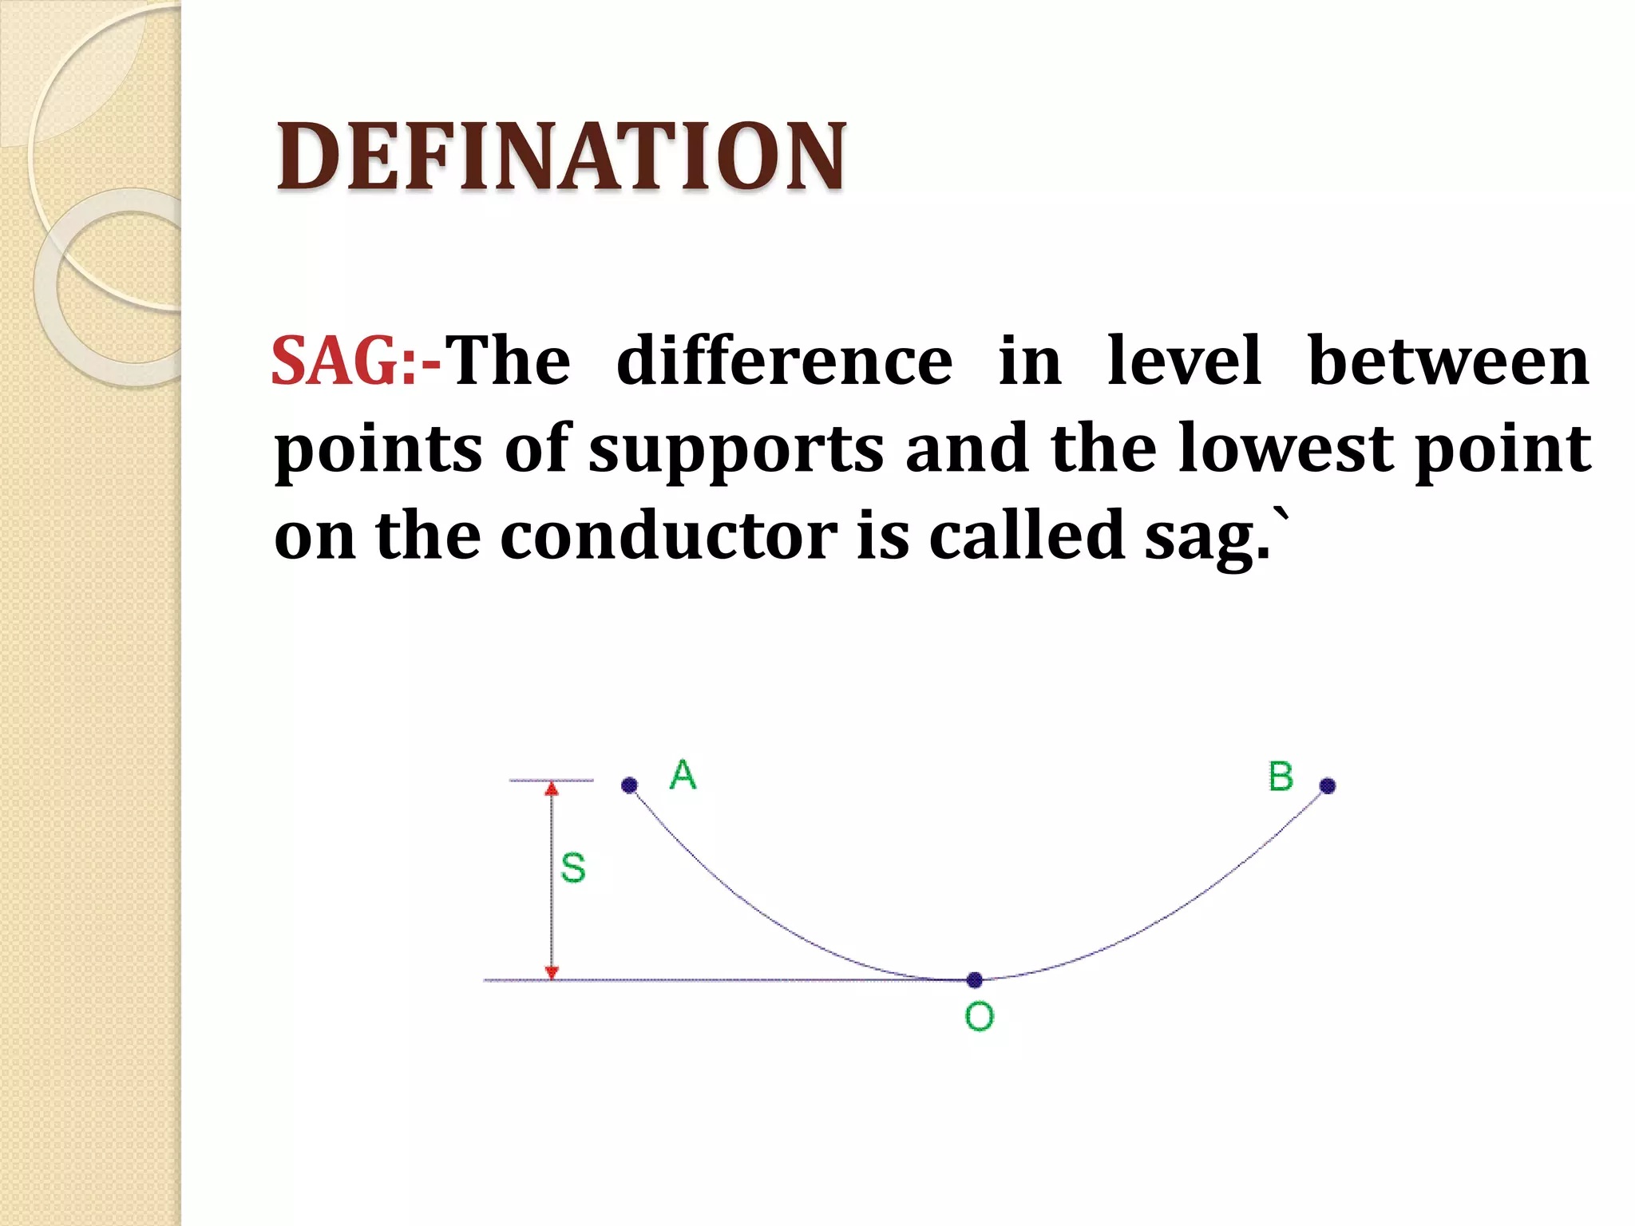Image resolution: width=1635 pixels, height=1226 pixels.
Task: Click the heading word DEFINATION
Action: [560, 156]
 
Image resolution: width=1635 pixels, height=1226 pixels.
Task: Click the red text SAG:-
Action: [355, 361]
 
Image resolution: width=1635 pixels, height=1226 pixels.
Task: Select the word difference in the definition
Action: [785, 361]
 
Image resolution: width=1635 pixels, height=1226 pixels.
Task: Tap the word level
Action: [1185, 361]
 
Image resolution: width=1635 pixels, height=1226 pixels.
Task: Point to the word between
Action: [1448, 361]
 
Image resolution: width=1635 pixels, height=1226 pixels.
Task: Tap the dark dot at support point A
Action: [629, 785]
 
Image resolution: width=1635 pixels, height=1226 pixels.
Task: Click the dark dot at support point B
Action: [1328, 786]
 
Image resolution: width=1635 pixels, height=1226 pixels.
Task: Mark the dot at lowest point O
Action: [975, 979]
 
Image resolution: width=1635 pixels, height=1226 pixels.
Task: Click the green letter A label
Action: [683, 775]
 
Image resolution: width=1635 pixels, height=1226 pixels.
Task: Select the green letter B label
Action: [1281, 777]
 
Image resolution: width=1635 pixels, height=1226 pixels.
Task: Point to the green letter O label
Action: [980, 1016]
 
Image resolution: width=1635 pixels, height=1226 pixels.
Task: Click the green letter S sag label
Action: [573, 868]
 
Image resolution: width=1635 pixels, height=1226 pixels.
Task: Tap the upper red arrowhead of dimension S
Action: [552, 789]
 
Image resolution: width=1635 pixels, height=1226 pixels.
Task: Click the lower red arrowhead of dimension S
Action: [552, 971]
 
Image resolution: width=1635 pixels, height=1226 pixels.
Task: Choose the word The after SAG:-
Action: [508, 361]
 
